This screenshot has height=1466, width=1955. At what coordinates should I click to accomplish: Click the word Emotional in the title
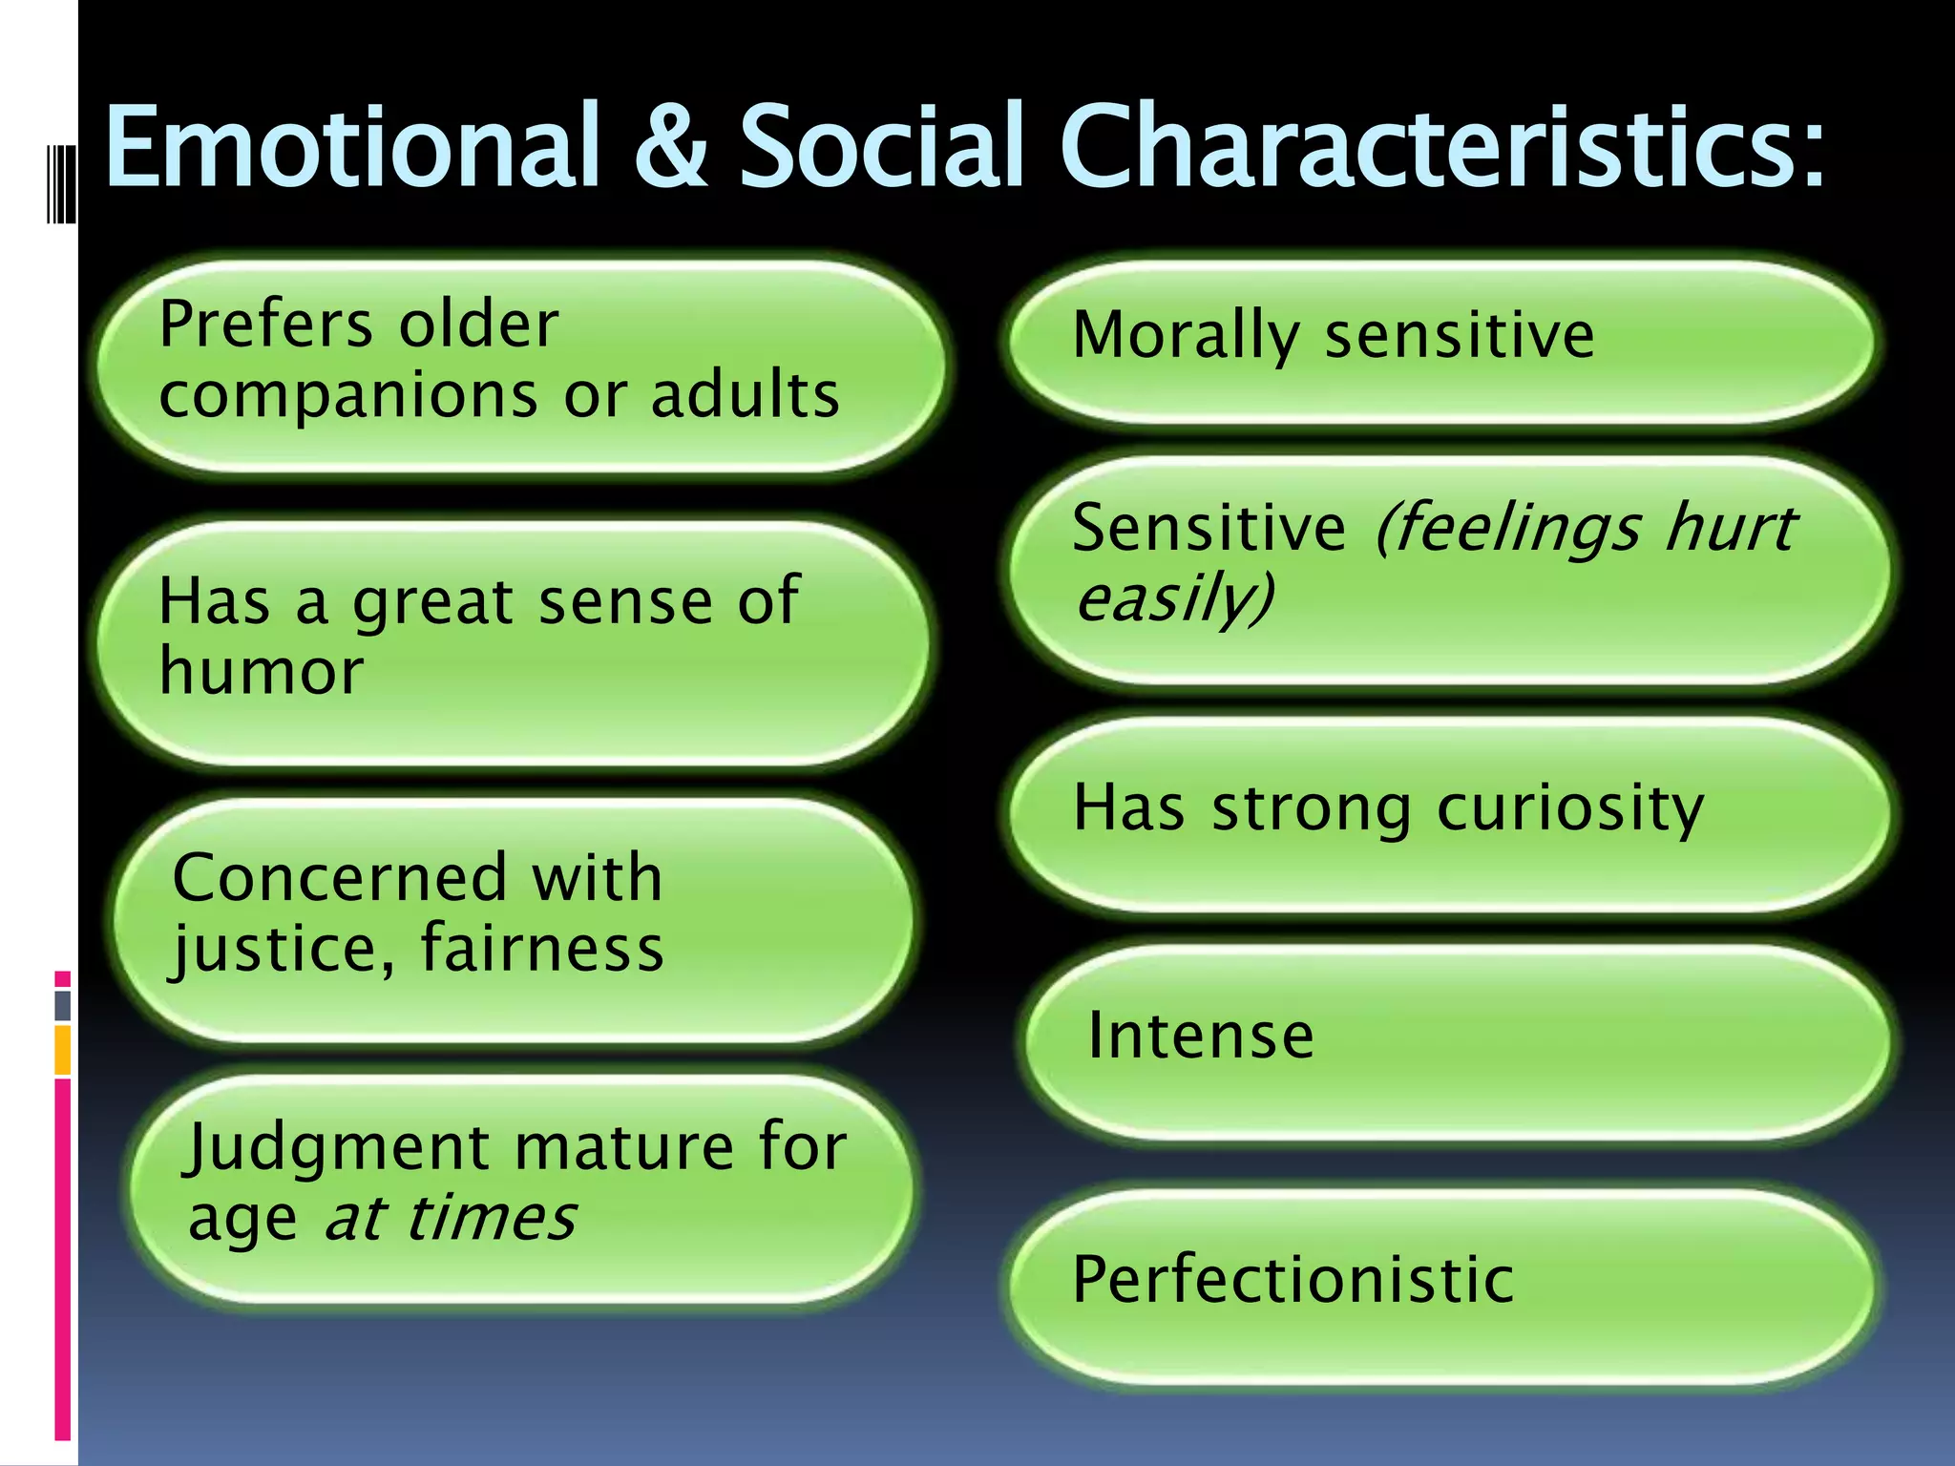click(x=352, y=146)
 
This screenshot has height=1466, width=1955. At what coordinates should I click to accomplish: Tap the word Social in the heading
click(x=883, y=146)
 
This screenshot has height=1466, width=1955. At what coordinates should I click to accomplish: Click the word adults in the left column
click(x=745, y=394)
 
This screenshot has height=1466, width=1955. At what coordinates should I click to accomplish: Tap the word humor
click(x=262, y=670)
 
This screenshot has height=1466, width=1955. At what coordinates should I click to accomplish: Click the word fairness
click(x=541, y=949)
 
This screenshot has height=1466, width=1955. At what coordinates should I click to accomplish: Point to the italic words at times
click(x=450, y=1219)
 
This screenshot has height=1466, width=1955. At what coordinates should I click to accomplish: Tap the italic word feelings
click(x=1508, y=529)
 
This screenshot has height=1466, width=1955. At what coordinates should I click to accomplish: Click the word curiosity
click(x=1569, y=809)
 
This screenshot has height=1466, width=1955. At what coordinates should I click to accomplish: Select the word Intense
click(x=1201, y=1036)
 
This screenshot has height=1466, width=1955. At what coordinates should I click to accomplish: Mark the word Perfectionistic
click(x=1293, y=1279)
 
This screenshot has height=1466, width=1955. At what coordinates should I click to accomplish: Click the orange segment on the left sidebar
click(x=62, y=1050)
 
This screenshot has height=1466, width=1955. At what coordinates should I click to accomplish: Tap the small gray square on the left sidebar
click(x=62, y=1005)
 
